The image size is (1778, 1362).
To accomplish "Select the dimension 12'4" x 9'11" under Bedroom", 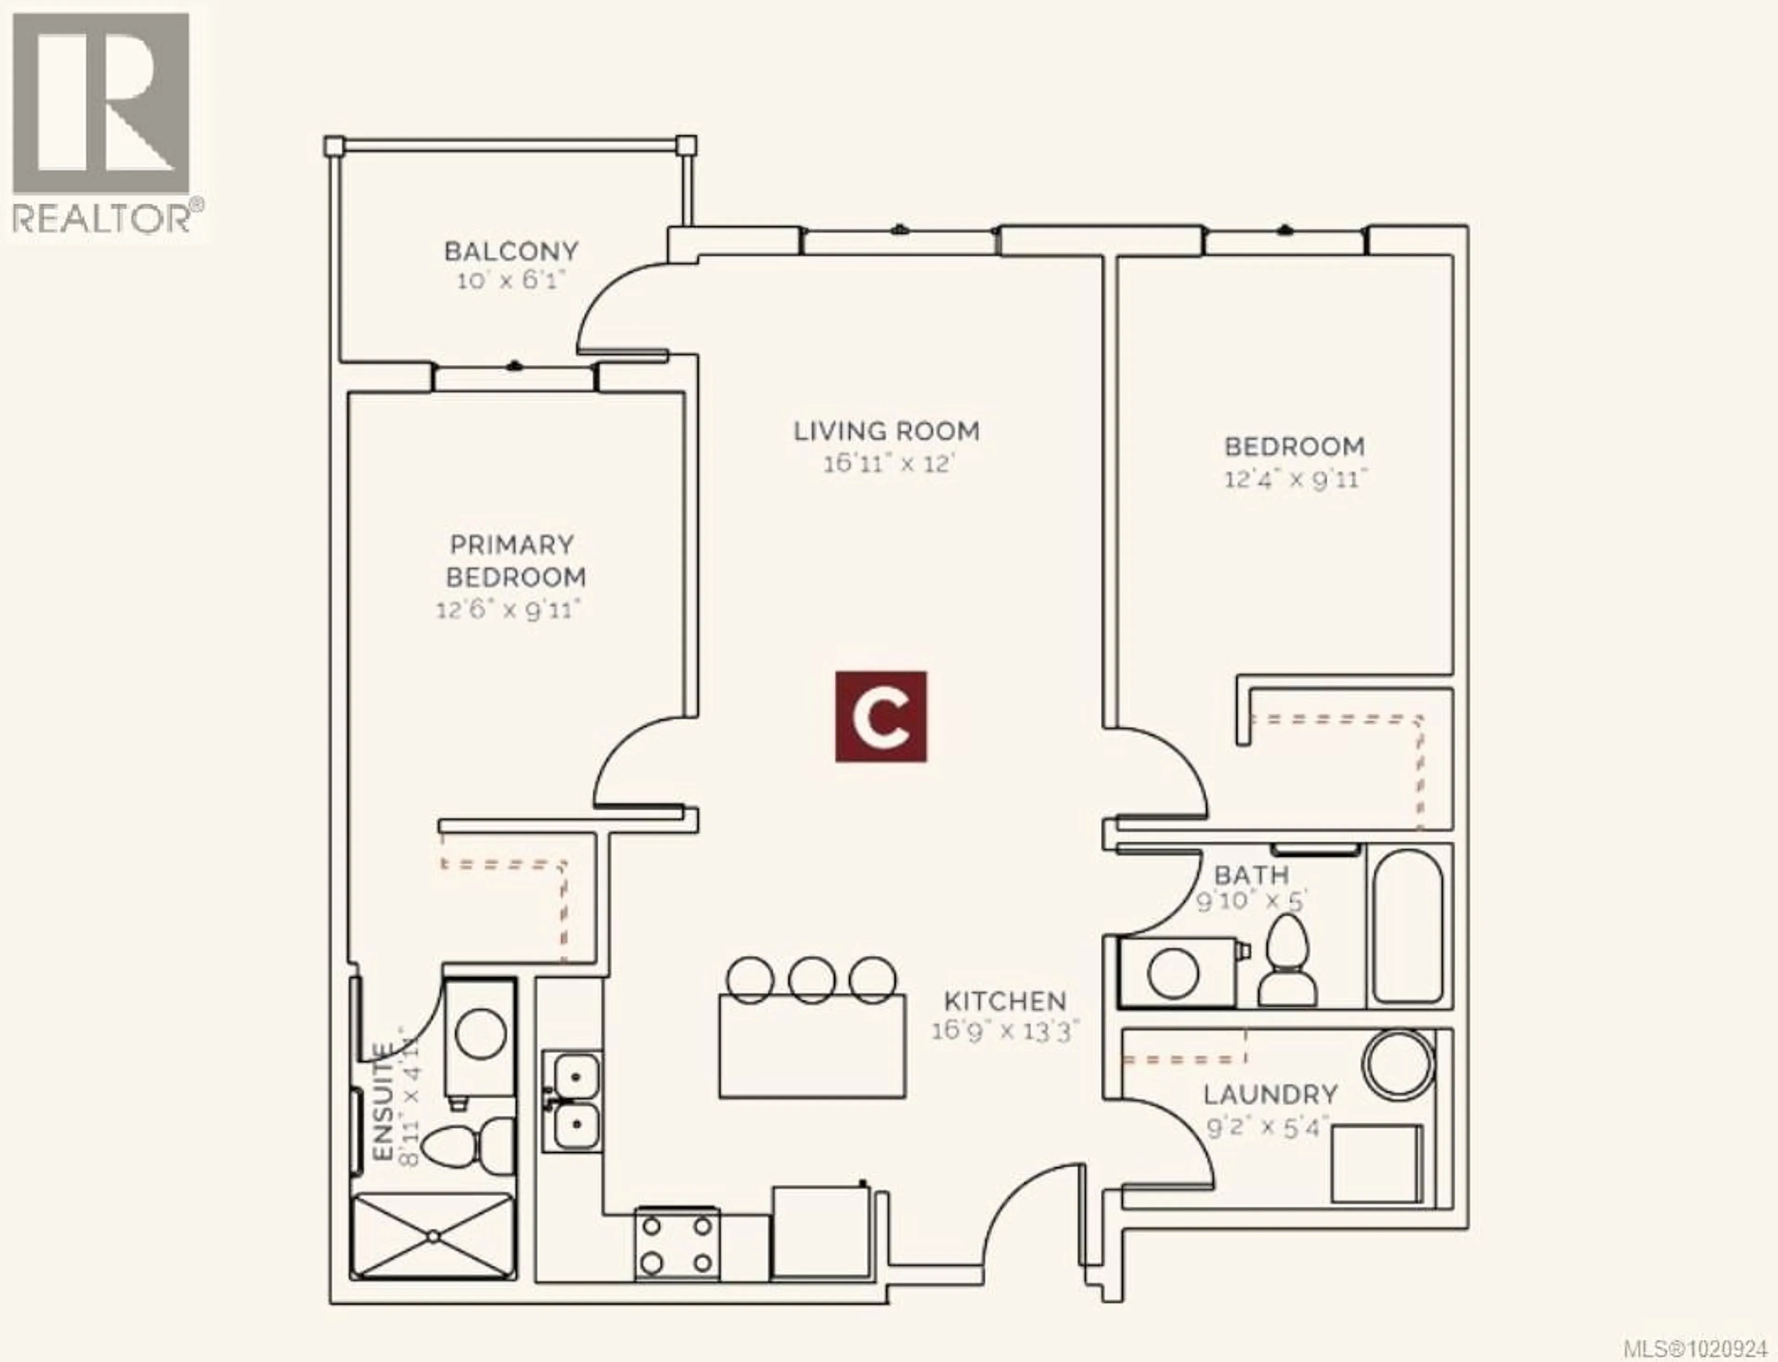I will (1295, 479).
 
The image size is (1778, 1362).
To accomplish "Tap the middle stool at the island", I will (812, 979).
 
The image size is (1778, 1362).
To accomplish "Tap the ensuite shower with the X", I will (434, 1237).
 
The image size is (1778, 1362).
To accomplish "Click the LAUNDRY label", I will (1270, 1094).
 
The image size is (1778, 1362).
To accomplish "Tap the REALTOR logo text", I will (101, 217).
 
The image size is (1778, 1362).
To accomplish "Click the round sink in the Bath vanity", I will (1174, 973).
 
